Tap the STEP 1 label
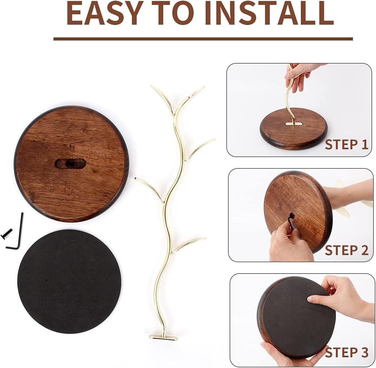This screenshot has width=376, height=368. click(347, 145)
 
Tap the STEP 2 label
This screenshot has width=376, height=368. click(347, 250)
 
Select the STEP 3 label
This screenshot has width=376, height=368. click(347, 352)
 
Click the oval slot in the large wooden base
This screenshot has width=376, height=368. click(70, 164)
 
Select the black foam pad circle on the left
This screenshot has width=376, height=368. click(70, 281)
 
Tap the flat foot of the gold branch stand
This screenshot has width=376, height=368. click(164, 337)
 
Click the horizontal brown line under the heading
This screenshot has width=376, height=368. click(203, 39)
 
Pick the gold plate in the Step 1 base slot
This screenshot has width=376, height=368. click(294, 123)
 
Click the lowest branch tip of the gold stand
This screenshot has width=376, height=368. click(205, 239)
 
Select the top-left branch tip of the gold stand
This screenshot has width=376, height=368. click(152, 86)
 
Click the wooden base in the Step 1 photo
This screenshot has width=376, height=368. click(294, 129)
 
